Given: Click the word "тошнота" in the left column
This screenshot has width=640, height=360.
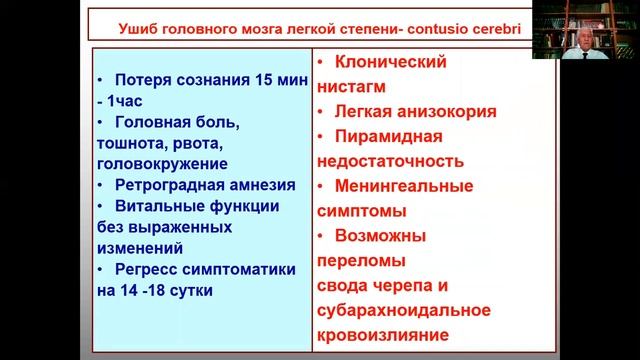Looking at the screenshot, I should tap(136, 143).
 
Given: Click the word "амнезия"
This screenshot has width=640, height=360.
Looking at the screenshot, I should tap(261, 185).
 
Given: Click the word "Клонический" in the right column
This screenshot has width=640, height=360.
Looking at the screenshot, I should tap(391, 62).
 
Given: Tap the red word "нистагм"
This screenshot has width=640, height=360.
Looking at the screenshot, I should tap(351, 87).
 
